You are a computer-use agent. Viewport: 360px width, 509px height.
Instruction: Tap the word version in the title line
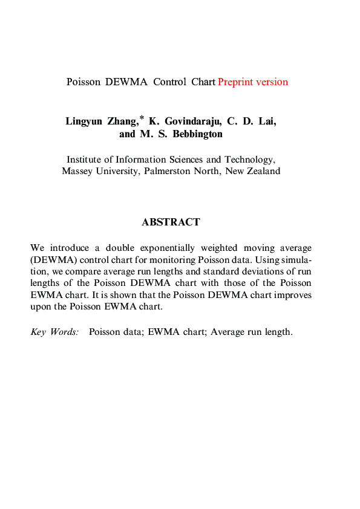[x=272, y=82]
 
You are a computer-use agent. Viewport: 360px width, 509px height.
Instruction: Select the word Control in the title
[x=169, y=82]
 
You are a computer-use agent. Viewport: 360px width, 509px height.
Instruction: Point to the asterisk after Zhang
[x=142, y=117]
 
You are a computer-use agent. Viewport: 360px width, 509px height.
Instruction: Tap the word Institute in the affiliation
[x=85, y=160]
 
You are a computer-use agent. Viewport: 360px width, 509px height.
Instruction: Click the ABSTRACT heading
[x=171, y=222]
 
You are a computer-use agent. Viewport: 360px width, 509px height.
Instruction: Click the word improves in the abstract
[x=293, y=295]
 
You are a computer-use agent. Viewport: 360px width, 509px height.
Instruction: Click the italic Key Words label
[x=54, y=332]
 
